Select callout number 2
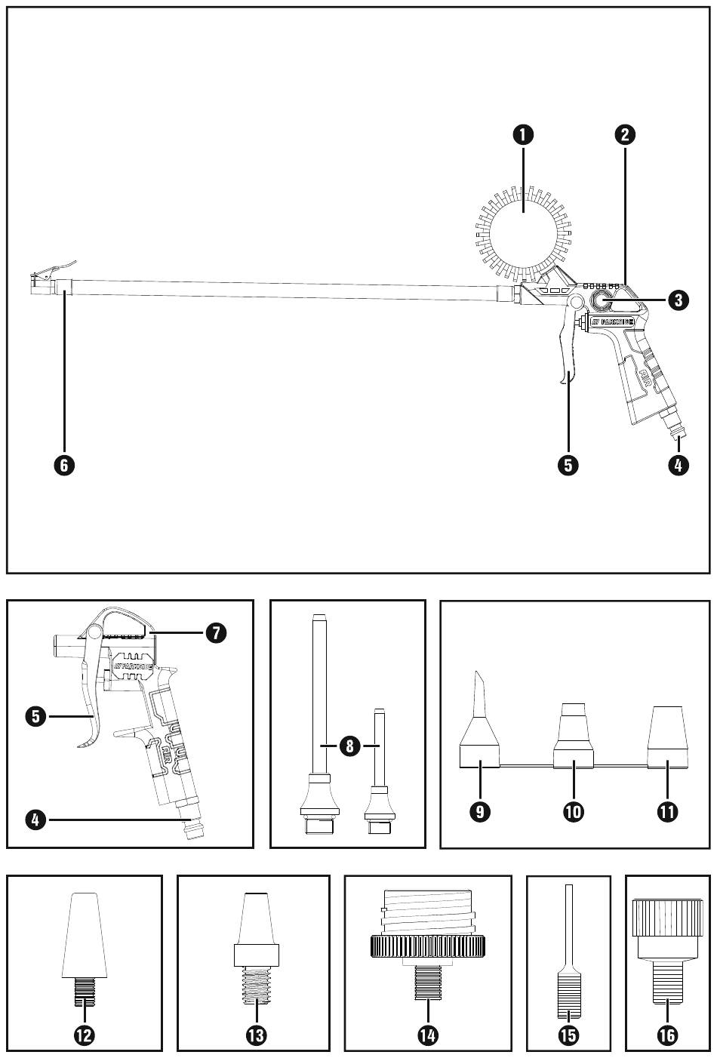623,135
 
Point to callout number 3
677,300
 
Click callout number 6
64,465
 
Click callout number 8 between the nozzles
348,746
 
